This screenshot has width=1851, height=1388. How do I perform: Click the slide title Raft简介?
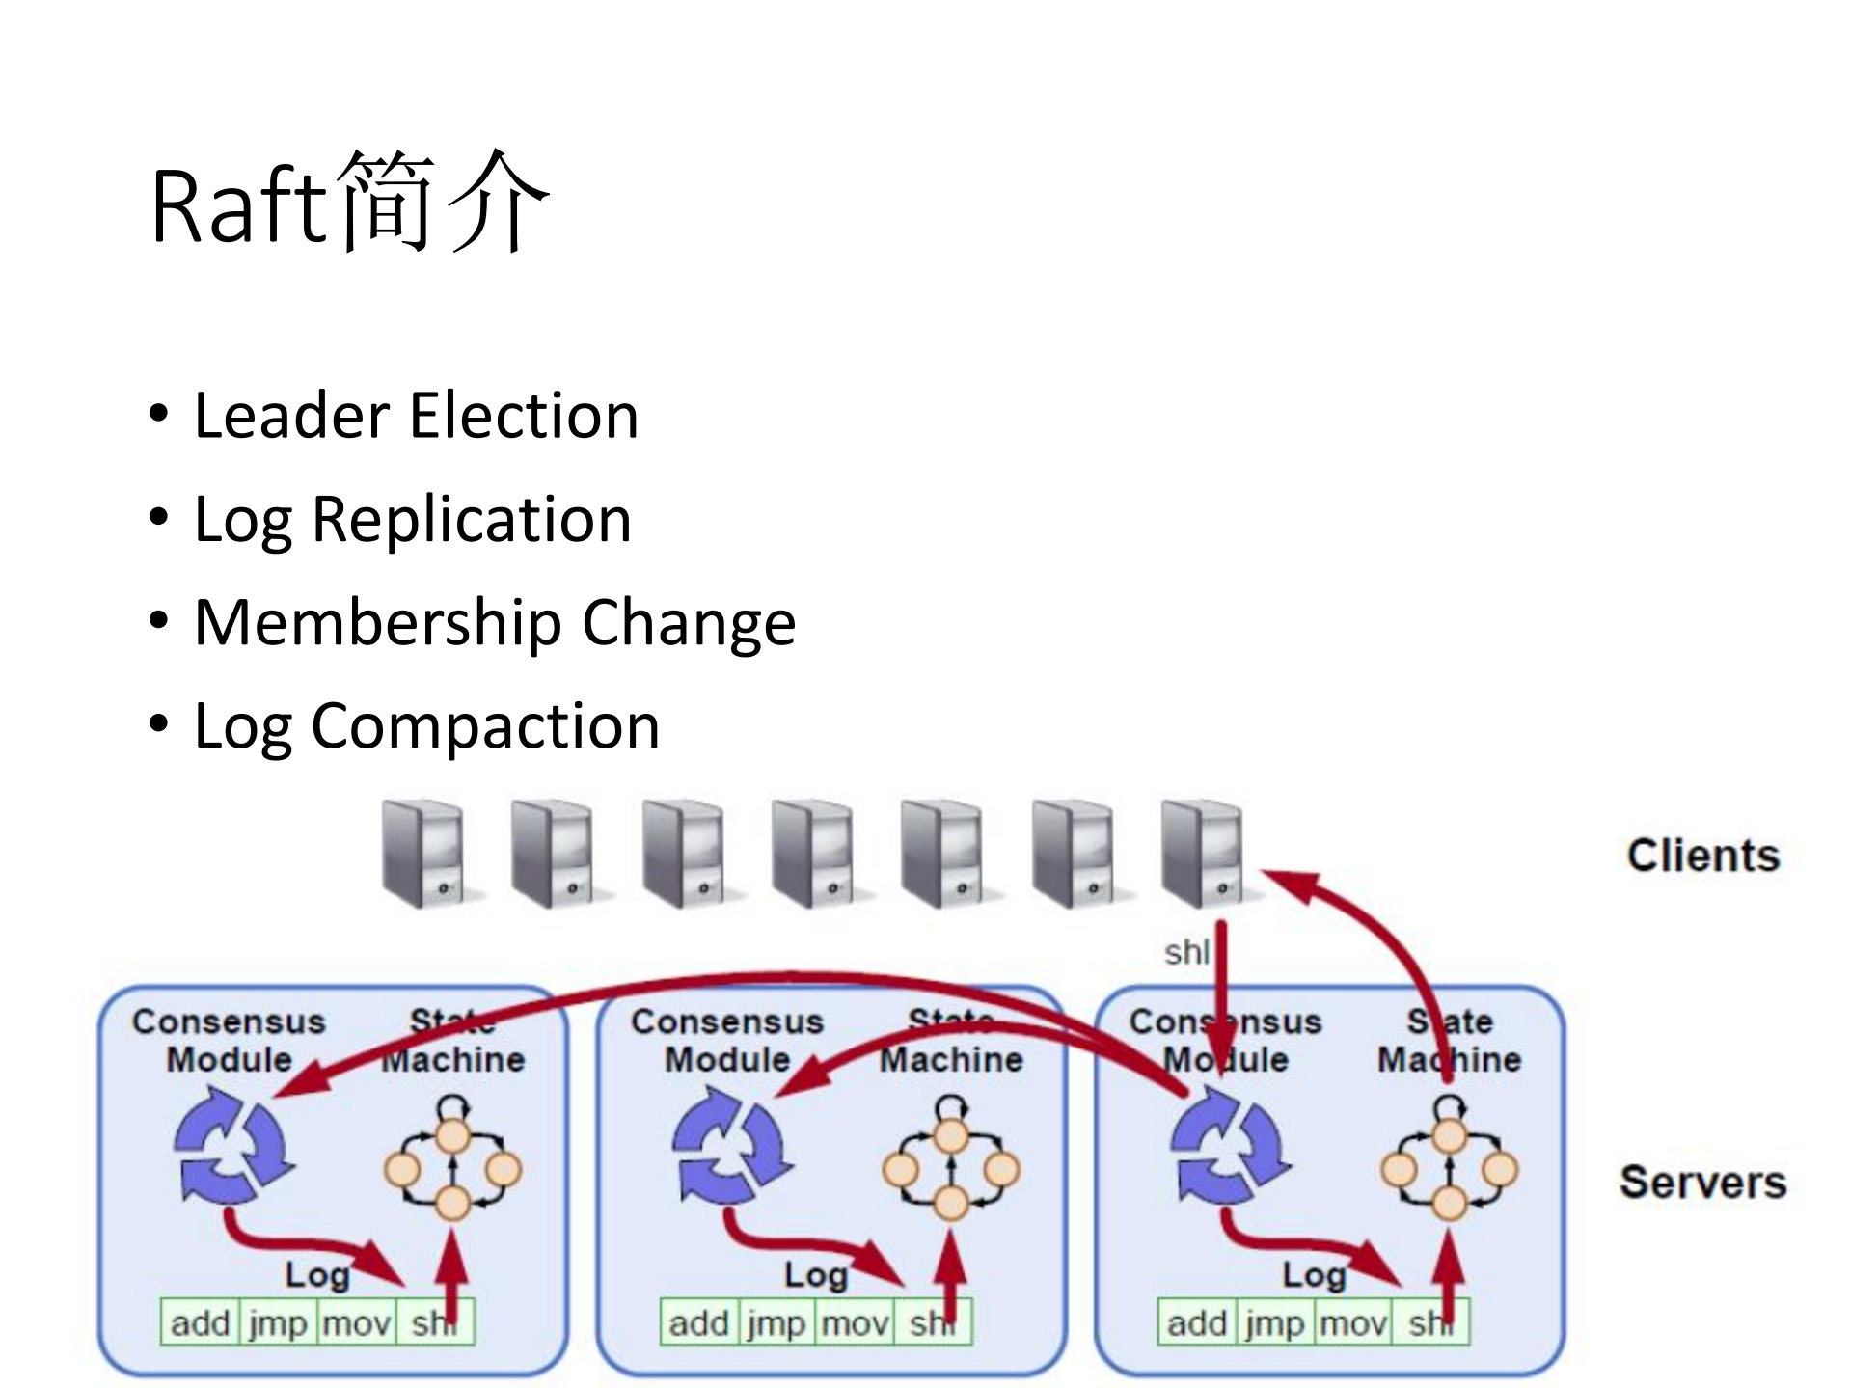click(349, 204)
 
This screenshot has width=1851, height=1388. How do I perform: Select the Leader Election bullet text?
click(416, 416)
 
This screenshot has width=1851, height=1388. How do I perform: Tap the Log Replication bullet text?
click(412, 520)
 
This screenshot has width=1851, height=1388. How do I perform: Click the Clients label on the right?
click(1702, 856)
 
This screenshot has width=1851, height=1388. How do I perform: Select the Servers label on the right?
click(1702, 1183)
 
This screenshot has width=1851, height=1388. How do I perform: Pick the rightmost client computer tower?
click(1203, 854)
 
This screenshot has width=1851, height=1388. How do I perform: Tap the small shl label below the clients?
click(1185, 953)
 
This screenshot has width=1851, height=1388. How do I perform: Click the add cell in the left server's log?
click(200, 1323)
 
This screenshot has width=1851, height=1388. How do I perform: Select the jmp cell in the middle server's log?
click(776, 1323)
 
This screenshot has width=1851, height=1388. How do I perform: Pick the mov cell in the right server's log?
click(1352, 1323)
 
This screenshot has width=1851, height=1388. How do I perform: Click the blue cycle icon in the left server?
click(231, 1146)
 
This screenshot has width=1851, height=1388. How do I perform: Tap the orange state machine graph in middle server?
click(951, 1162)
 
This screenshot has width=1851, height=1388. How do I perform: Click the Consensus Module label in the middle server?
click(726, 1040)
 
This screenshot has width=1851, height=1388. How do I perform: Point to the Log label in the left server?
click(316, 1275)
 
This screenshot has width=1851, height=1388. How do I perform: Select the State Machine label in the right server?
click(1449, 1040)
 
